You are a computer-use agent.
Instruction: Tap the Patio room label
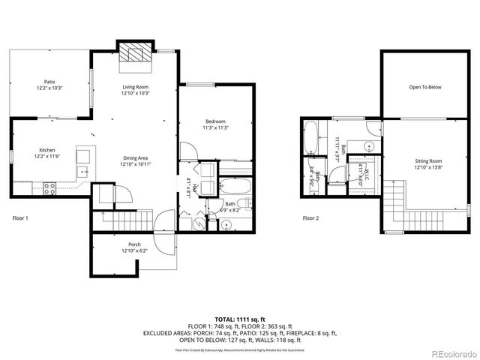pos(49,82)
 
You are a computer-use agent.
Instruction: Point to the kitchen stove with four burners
pos(51,188)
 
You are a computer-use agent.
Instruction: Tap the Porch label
pos(134,244)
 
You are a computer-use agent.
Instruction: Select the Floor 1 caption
pos(21,218)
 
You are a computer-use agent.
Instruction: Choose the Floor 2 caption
pos(310,218)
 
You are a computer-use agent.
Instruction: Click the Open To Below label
pos(424,88)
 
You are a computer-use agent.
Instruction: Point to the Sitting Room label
pos(429,161)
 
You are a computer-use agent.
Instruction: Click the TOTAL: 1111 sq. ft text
pos(240,319)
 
